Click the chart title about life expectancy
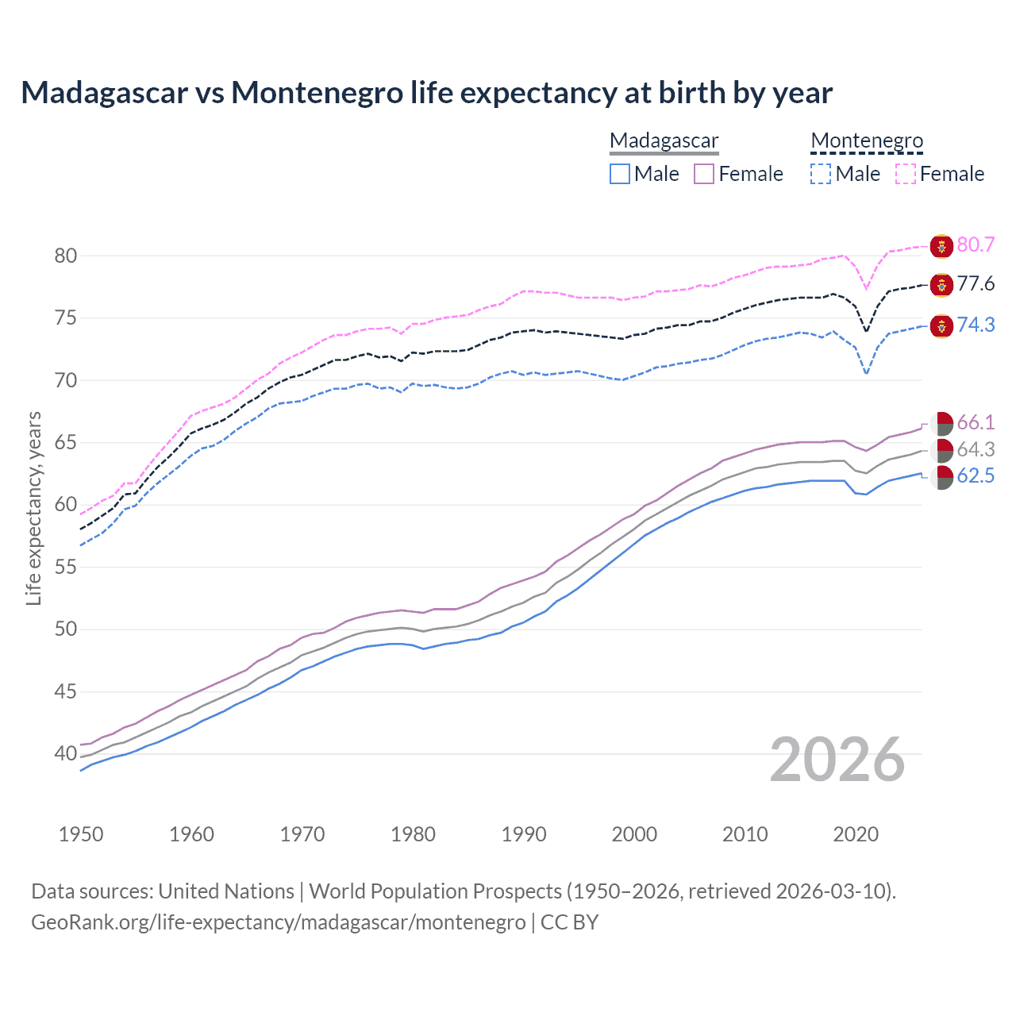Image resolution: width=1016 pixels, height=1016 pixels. [426, 93]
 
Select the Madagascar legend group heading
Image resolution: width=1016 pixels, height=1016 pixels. [664, 141]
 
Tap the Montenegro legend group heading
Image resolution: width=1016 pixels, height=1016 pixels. [867, 141]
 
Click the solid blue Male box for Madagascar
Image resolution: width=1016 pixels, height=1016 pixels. [620, 174]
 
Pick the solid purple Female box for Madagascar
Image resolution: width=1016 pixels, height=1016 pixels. [704, 174]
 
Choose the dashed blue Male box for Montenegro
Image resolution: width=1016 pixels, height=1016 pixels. [821, 174]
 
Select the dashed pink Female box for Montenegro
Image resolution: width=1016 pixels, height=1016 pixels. [906, 174]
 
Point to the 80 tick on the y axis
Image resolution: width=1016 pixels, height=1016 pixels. [65, 256]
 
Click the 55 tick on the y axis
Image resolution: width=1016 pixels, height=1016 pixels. [65, 567]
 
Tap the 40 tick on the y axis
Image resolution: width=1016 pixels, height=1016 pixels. [65, 753]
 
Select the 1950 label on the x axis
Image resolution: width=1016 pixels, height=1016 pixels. [81, 834]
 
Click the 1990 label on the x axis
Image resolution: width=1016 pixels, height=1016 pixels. [524, 834]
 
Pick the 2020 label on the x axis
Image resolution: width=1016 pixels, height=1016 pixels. [856, 834]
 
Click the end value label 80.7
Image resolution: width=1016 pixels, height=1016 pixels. [976, 244]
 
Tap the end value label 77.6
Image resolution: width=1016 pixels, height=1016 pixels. [976, 283]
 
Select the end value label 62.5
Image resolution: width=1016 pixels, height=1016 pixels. [976, 475]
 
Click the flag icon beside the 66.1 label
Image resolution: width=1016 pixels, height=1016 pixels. [941, 423]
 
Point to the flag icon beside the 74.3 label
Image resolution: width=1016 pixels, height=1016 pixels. [941, 325]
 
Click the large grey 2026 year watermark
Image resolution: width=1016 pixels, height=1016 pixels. [837, 760]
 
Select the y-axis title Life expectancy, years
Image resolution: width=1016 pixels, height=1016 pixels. [33, 508]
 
